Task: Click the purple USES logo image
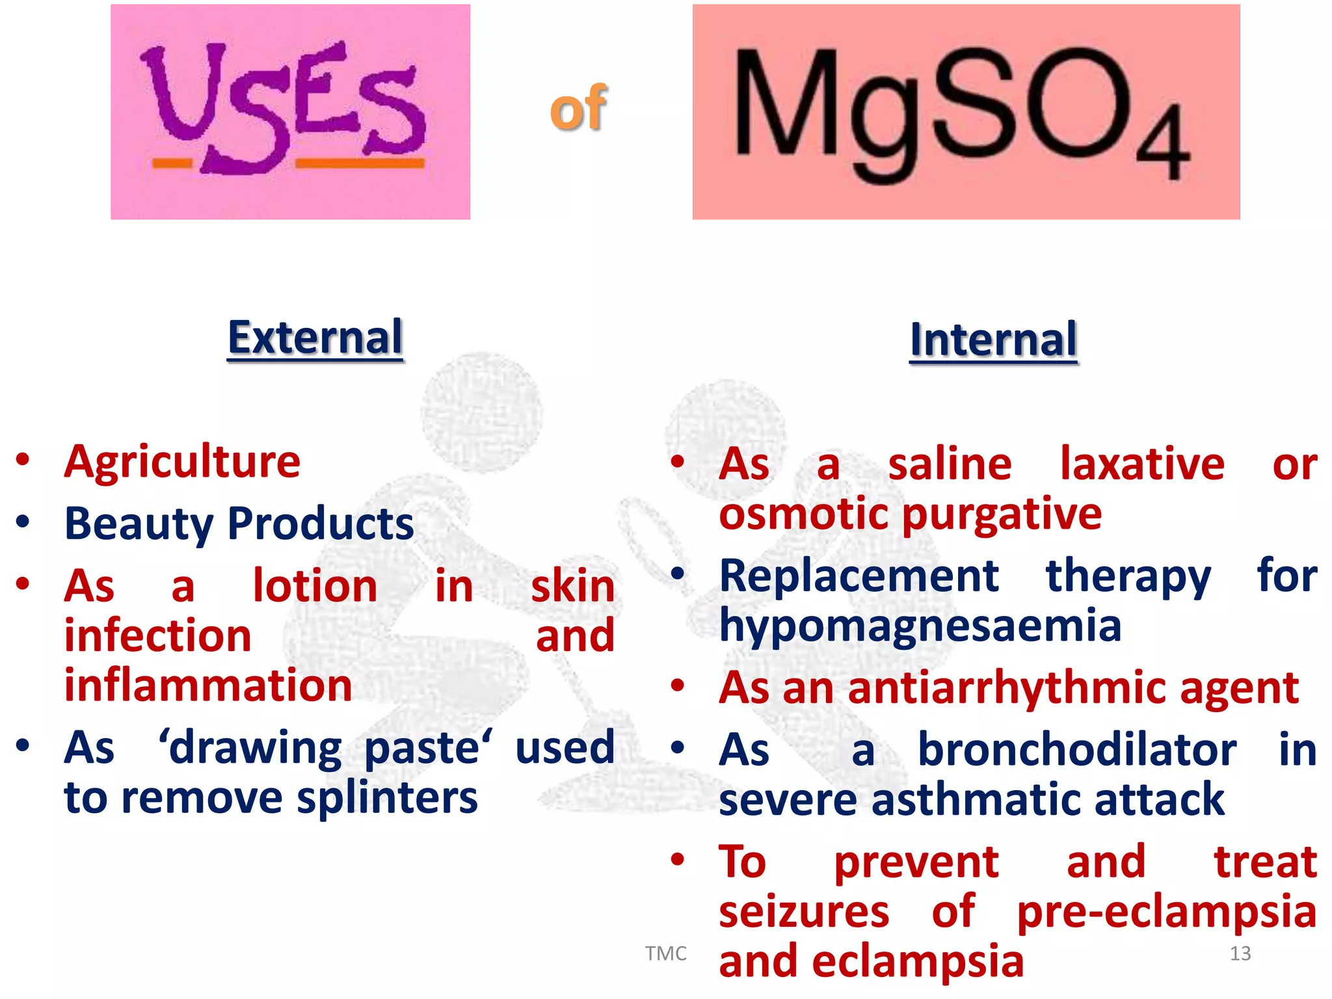290,111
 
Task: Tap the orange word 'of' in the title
578,109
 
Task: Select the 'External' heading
315,338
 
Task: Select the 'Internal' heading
993,340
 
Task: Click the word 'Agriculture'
182,462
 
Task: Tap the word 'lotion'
315,586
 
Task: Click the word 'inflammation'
208,686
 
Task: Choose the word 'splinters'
387,798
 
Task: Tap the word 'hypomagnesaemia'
920,626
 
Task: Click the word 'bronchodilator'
1077,749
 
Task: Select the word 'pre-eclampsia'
1167,912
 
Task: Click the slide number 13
1240,953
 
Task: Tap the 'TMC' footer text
665,953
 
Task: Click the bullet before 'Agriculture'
23,460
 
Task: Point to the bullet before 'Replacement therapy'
678,574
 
